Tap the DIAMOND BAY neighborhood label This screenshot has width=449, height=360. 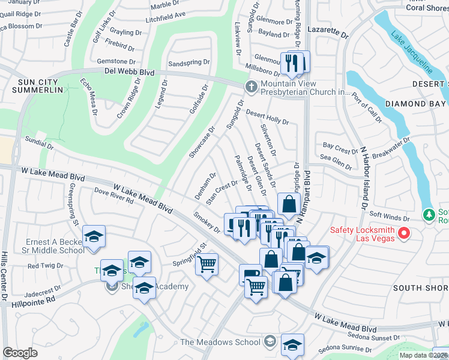pos(416,103)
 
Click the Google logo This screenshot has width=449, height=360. pos(20,353)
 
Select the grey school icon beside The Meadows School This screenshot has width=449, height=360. pos(270,342)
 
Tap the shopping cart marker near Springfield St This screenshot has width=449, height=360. pos(206,263)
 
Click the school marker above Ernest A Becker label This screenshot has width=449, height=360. pos(94,236)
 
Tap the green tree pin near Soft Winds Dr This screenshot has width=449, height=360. pos(429,214)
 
